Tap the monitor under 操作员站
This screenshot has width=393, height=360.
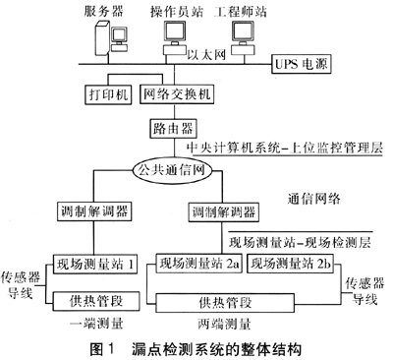pyautogui.click(x=175, y=31)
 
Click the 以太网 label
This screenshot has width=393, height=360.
pyautogui.click(x=206, y=54)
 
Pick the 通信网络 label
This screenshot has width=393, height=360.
pyautogui.click(x=314, y=199)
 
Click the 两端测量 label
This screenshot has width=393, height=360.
pyautogui.click(x=225, y=324)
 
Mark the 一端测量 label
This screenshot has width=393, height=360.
pyautogui.click(x=96, y=324)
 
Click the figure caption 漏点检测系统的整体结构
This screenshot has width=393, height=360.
pyautogui.click(x=216, y=349)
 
